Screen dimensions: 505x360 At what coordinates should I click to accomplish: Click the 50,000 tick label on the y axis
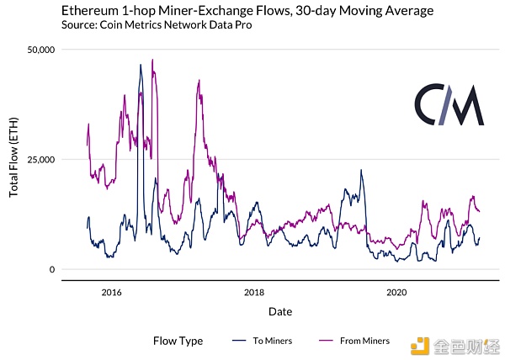41,50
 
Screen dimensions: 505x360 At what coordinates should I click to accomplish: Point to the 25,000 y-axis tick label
41,160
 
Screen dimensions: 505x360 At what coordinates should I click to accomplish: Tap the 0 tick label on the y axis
52,270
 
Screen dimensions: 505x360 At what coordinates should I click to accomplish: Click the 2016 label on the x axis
111,293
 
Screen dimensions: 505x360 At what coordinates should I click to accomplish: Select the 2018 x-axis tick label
254,293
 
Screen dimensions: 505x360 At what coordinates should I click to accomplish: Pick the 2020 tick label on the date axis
396,293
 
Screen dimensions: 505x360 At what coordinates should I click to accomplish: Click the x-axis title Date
280,311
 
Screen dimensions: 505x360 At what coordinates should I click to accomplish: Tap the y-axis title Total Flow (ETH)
13,157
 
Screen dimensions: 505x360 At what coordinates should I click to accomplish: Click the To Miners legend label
273,341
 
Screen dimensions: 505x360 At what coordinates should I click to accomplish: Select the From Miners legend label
365,341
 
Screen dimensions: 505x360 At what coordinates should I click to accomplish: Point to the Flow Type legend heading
178,341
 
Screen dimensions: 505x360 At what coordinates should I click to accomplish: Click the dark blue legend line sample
239,341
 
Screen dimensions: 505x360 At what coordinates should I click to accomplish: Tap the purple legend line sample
326,341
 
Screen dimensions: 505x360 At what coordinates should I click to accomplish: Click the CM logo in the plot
449,105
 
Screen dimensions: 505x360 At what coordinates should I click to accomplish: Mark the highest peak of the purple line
152,60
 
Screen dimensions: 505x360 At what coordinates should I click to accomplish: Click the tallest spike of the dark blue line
141,65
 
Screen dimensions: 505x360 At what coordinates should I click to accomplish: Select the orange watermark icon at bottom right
420,347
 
